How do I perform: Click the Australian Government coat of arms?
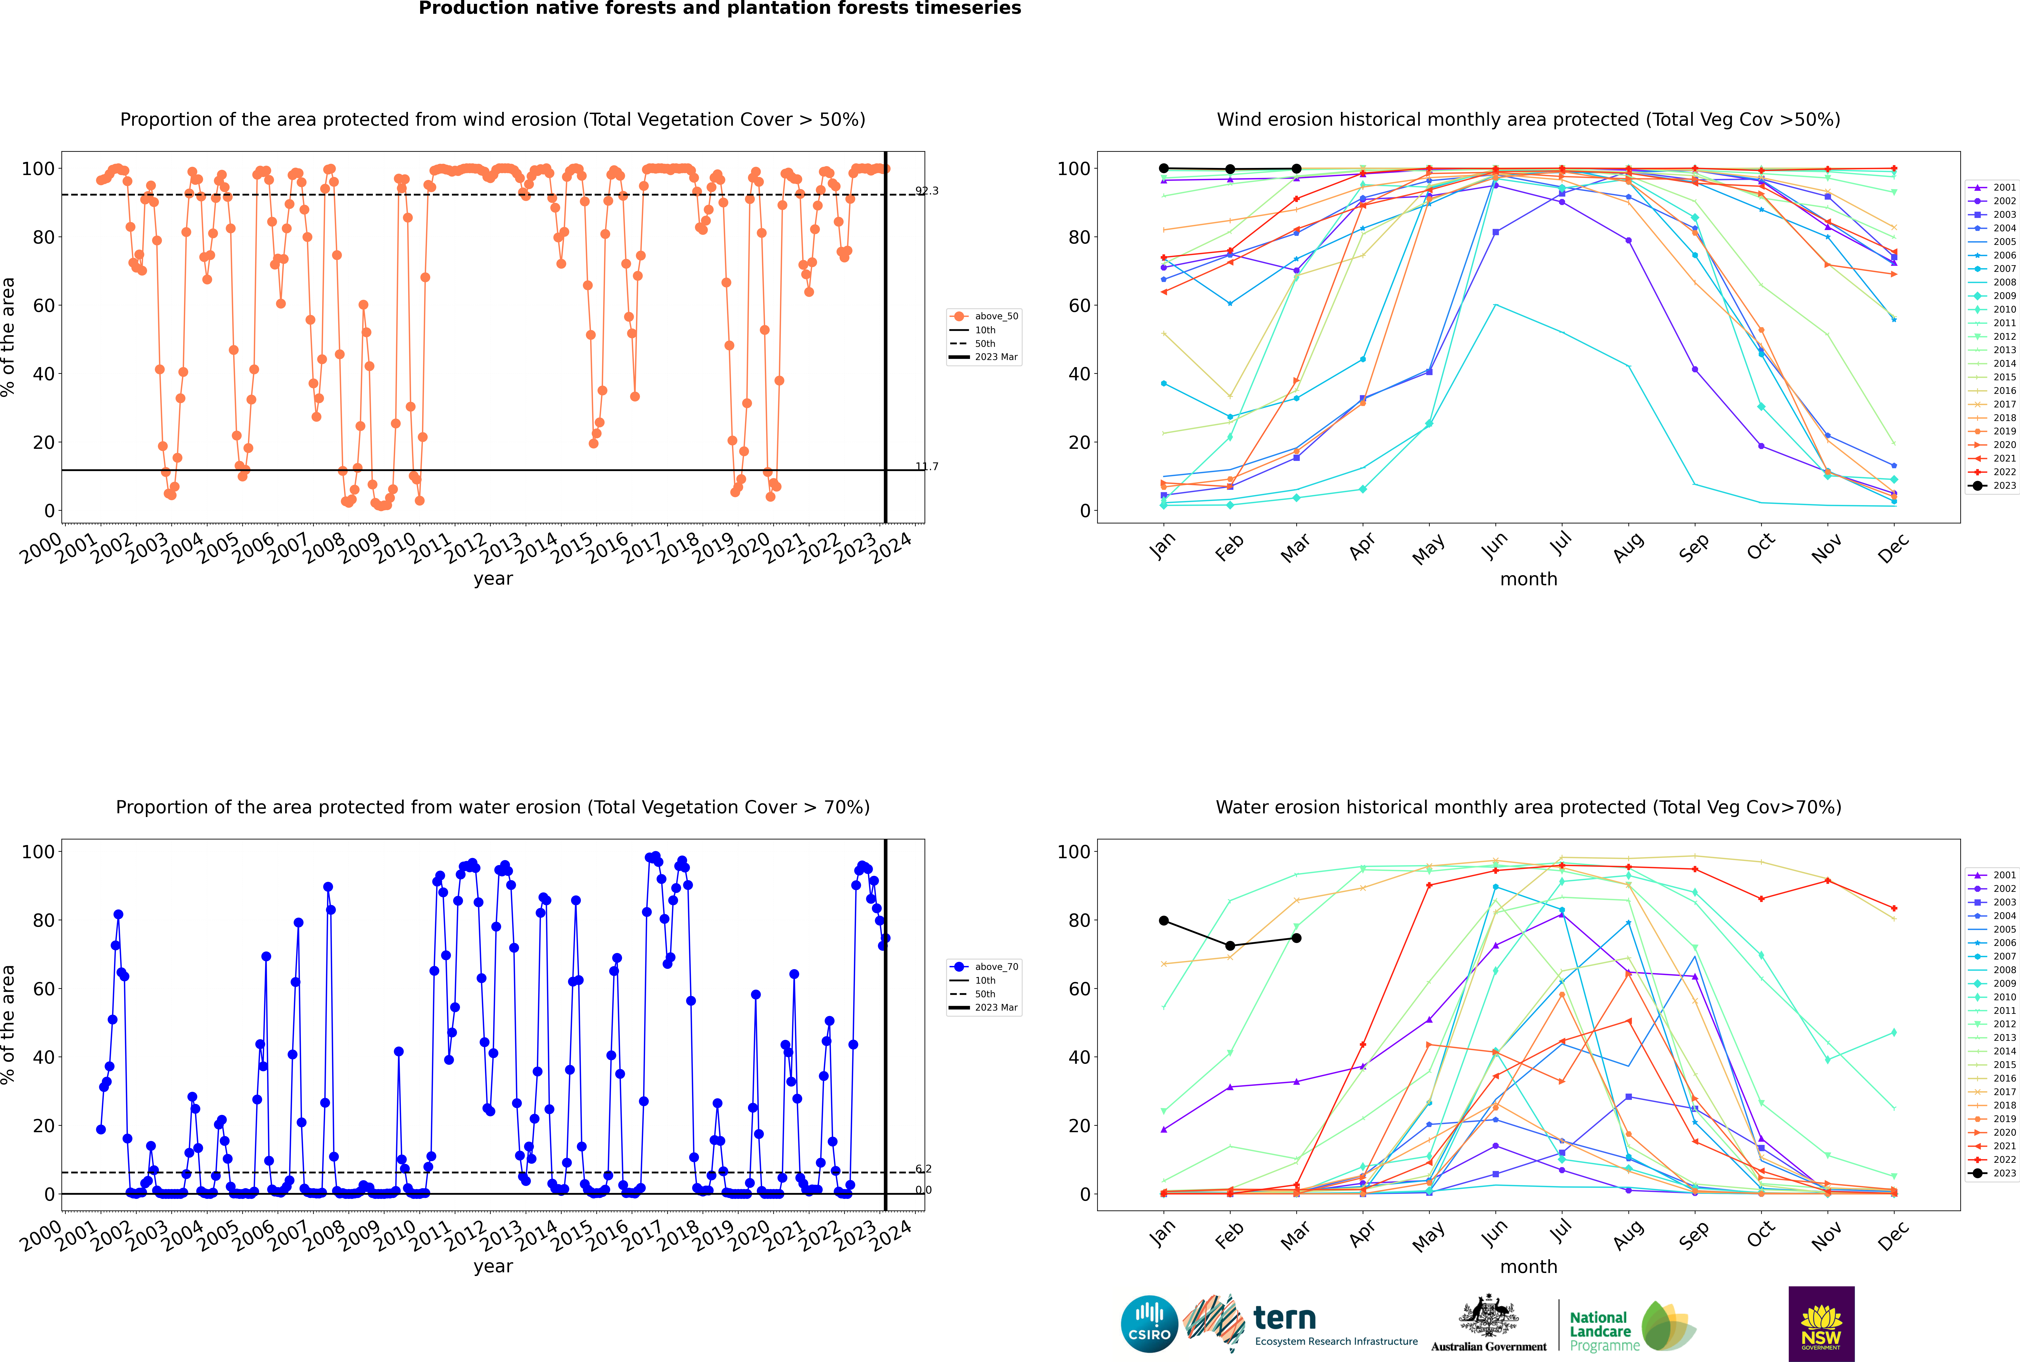pyautogui.click(x=1489, y=1316)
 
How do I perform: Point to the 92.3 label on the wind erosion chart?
pyautogui.click(x=927, y=191)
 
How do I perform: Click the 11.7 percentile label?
pyautogui.click(x=927, y=467)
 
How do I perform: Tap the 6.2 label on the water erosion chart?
pyautogui.click(x=923, y=1169)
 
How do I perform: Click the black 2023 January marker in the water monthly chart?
pyautogui.click(x=1164, y=921)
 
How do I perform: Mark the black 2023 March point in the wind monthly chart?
pyautogui.click(x=1297, y=169)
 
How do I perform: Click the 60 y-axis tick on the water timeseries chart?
pyautogui.click(x=43, y=989)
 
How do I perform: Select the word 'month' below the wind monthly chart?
pyautogui.click(x=1528, y=579)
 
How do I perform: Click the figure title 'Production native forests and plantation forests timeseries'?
pyautogui.click(x=720, y=9)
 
